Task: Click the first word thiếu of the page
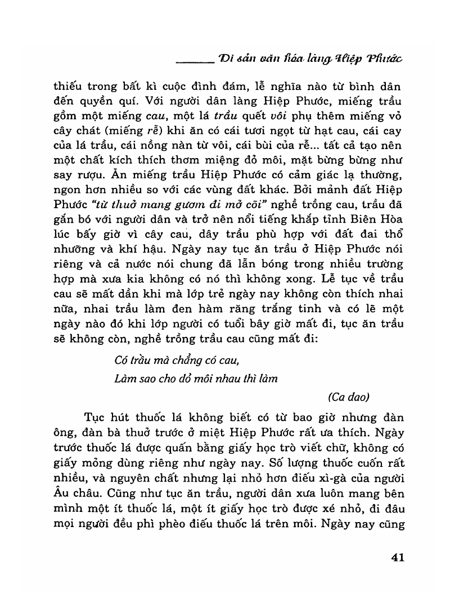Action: click(x=67, y=87)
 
